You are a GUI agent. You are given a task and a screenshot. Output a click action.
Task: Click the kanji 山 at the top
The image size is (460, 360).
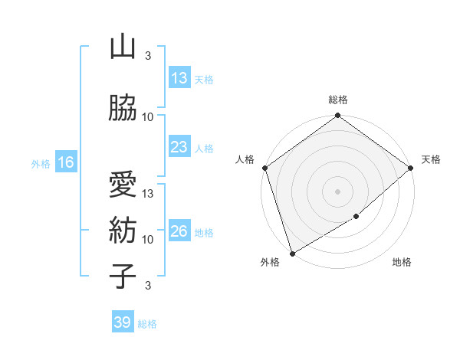pos(123,47)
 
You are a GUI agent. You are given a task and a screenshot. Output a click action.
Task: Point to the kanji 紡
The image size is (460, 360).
pos(123,230)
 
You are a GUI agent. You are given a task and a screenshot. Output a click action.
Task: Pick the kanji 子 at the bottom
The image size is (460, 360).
pos(123,276)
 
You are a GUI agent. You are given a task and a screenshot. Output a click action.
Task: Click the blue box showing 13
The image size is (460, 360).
pos(179,78)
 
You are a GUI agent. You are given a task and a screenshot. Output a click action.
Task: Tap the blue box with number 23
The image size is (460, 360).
pos(179,147)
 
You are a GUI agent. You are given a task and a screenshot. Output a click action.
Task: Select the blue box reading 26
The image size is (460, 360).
pos(179,231)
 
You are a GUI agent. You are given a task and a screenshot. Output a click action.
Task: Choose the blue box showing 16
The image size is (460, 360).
pos(65,162)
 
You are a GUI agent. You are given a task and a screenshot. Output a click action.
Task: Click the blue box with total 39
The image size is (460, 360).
pos(122,322)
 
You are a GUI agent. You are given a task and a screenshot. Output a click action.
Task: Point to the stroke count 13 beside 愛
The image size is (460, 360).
pos(148,194)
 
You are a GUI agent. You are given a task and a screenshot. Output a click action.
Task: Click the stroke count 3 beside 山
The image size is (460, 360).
pos(148,56)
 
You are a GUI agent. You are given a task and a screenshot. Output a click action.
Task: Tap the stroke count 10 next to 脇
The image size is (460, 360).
pos(148,117)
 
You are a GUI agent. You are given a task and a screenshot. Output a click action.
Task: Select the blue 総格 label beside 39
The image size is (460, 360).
pos(147,324)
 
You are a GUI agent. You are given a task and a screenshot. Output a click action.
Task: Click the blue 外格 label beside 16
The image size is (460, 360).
pos(41,163)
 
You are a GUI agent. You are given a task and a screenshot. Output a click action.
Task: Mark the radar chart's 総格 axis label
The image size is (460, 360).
pos(338,100)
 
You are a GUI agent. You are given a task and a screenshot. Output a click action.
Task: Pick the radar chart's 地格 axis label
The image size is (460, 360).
pos(402,263)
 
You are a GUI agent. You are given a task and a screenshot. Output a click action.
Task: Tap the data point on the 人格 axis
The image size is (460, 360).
pos(264,168)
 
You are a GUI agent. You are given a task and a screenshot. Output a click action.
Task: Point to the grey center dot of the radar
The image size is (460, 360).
pos(338,191)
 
